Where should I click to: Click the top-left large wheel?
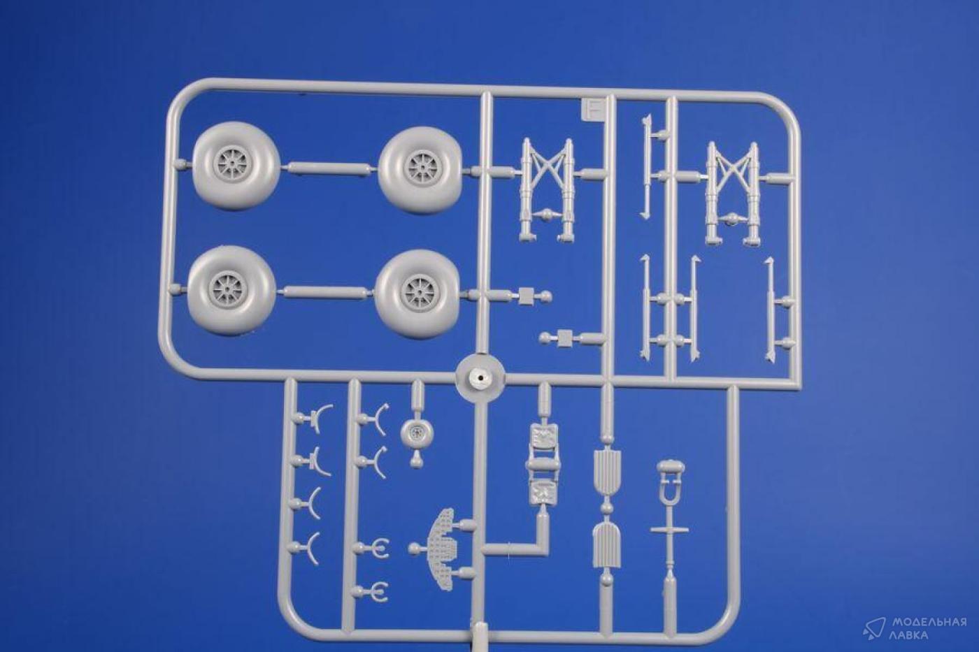tap(235, 166)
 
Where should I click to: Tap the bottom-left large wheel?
tap(231, 291)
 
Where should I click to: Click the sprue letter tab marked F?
tap(595, 110)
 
